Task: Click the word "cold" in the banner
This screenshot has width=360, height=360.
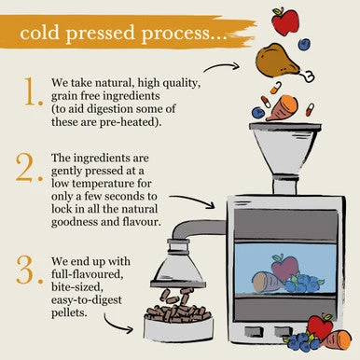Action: [x=39, y=33]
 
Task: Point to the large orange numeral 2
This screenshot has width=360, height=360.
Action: [x=29, y=168]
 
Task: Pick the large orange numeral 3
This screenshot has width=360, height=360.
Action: [x=29, y=270]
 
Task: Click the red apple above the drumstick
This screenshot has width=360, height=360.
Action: [x=284, y=21]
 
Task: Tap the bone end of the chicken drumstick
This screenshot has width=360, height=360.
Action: [x=309, y=76]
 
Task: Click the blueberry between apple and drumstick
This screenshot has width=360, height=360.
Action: [x=304, y=44]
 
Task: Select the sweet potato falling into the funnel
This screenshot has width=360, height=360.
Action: [x=283, y=108]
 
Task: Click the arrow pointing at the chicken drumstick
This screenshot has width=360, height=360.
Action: [x=221, y=66]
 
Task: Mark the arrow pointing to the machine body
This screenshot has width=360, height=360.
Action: [x=192, y=201]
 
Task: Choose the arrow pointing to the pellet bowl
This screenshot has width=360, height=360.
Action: [x=118, y=325]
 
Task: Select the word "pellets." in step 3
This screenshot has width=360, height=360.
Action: [x=69, y=312]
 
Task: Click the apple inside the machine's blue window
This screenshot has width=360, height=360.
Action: [x=284, y=267]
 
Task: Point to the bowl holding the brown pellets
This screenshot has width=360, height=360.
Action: [x=178, y=329]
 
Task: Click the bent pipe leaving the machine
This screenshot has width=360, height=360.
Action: [x=194, y=228]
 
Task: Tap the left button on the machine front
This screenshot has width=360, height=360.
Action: [x=254, y=331]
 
